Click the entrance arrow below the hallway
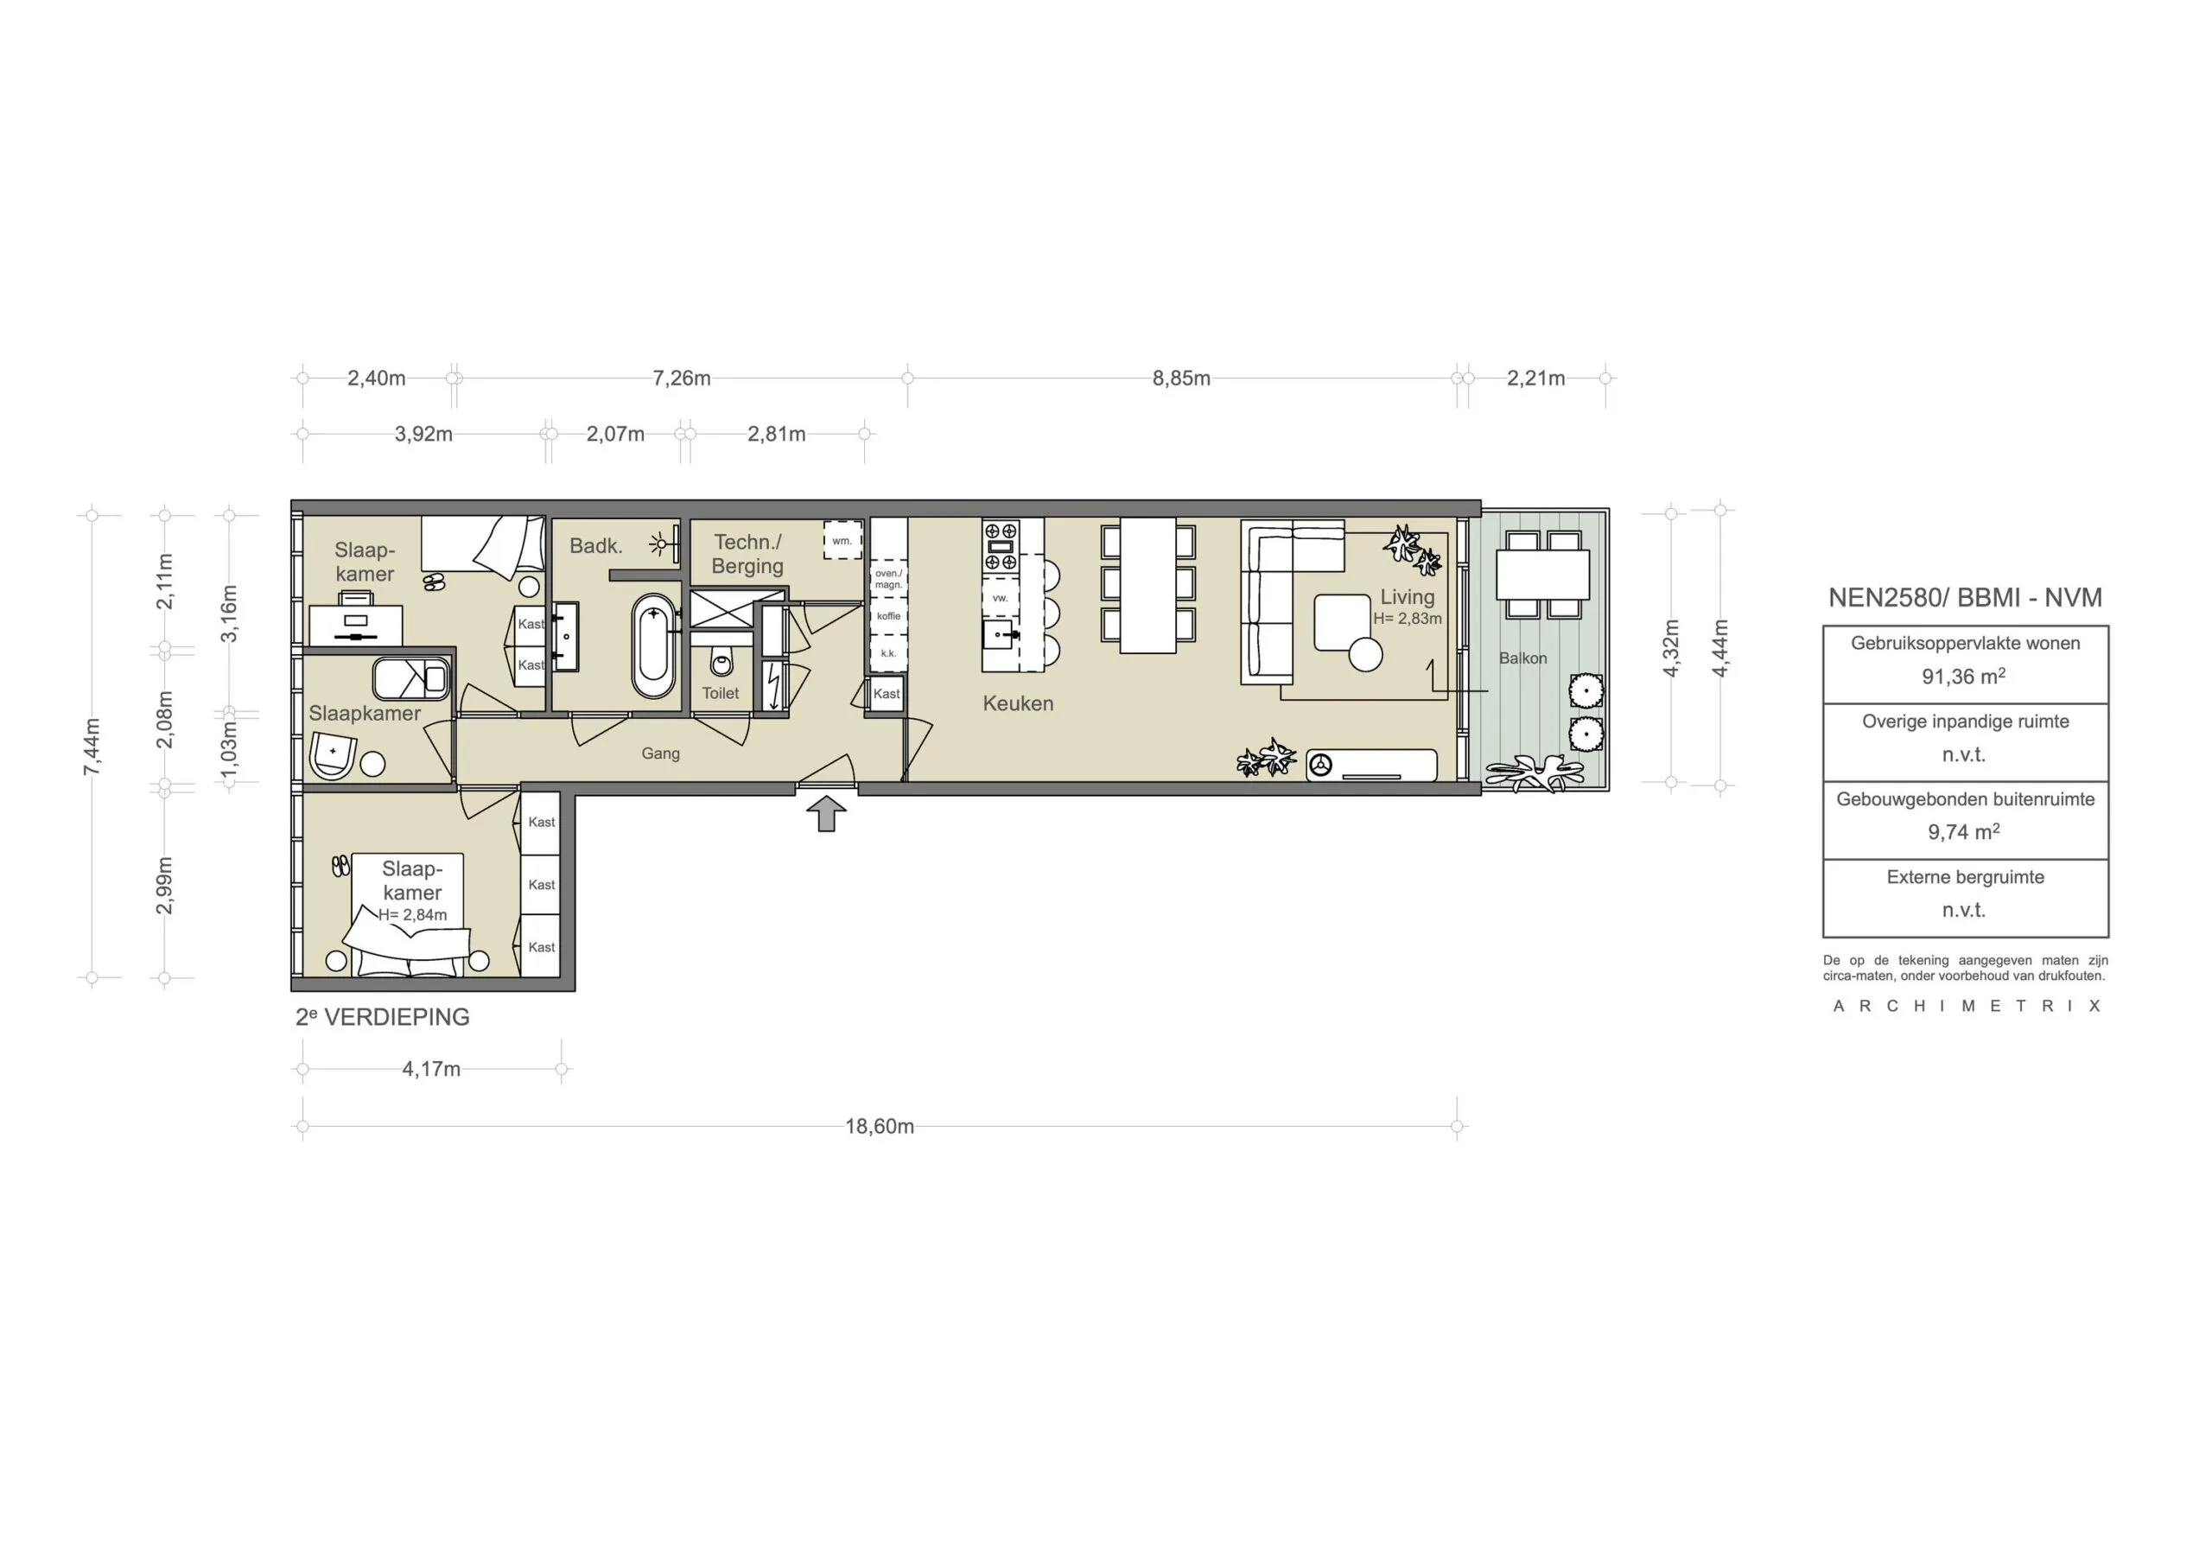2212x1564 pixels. (826, 813)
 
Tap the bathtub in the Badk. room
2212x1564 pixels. (653, 646)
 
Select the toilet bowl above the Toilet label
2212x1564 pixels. (721, 662)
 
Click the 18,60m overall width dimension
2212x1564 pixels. (880, 1127)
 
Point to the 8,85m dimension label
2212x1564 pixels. (1181, 378)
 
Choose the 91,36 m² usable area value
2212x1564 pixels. (1963, 677)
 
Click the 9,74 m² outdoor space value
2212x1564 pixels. (1963, 831)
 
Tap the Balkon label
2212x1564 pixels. (1522, 658)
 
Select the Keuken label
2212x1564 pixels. (1017, 703)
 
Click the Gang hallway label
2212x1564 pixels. (660, 753)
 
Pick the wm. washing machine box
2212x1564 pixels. (842, 541)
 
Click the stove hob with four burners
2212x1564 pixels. (1000, 545)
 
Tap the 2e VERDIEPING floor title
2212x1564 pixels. (383, 1017)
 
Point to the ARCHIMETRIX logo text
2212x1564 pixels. (1967, 1006)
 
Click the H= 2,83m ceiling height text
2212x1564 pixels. (1407, 619)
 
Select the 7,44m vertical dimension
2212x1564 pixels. (92, 747)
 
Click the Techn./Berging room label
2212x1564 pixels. (747, 554)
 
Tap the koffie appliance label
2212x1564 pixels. (888, 616)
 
